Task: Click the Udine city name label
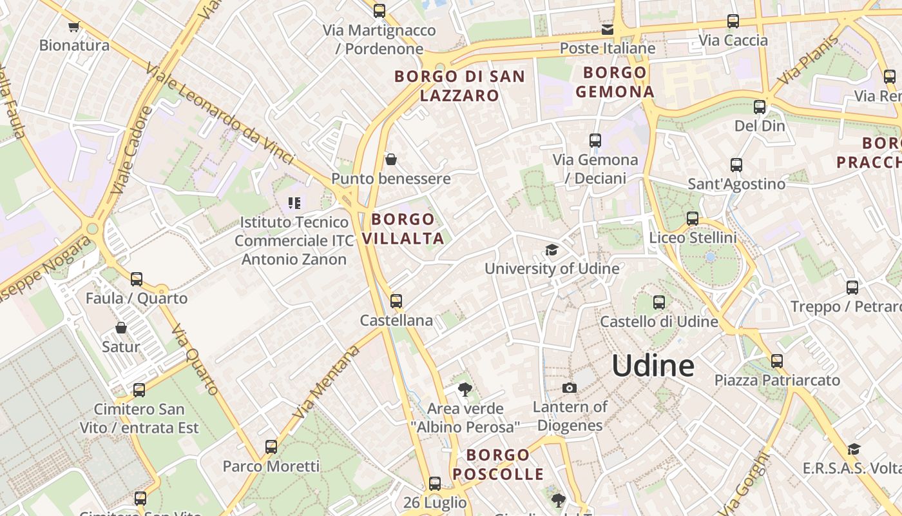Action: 653,366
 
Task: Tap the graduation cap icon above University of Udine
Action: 552,250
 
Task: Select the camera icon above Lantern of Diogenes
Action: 569,388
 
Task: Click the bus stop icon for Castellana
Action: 396,301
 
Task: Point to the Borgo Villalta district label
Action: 403,228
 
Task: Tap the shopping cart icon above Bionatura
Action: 73,26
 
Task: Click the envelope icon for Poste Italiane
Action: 608,30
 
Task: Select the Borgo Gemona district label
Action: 615,82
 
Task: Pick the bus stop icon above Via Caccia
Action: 733,21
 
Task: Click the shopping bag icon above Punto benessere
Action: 390,159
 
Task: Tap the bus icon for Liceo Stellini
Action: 693,219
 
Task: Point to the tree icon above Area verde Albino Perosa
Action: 465,389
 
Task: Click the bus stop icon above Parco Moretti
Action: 271,446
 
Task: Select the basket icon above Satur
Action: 120,328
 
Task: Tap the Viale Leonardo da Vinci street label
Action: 219,114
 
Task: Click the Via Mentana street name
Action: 327,382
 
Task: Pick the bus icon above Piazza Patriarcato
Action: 777,361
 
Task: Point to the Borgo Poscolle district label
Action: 498,464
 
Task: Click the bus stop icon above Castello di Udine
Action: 658,302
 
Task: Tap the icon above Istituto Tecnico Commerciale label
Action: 294,204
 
